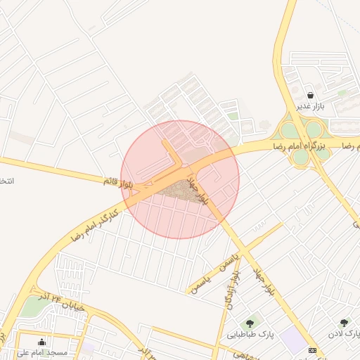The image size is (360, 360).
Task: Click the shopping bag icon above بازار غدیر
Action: tap(310, 94)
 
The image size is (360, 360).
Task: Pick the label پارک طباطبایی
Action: tap(250, 335)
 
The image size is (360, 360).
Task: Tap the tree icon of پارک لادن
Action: tap(344, 323)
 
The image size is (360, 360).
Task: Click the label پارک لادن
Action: tap(345, 333)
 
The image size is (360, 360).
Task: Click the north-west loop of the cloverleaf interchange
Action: tap(289, 131)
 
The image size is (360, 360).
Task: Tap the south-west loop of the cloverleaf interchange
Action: tap(300, 157)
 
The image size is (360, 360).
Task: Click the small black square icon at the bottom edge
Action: tap(313, 350)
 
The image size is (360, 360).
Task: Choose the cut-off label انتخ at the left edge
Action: tap(6, 181)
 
